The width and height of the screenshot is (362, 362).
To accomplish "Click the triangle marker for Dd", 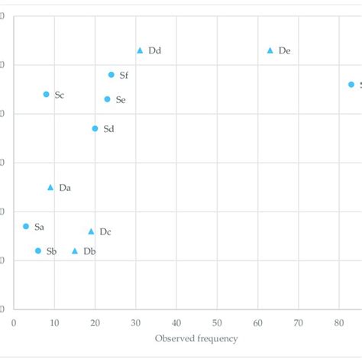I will click(x=140, y=50).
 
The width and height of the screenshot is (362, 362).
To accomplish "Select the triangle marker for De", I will click(x=270, y=50).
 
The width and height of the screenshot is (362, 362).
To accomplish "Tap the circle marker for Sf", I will click(x=112, y=75).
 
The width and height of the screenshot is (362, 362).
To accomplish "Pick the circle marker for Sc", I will click(x=47, y=95).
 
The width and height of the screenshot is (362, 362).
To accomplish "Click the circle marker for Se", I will click(x=107, y=99).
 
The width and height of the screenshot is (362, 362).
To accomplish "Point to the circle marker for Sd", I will click(x=95, y=129).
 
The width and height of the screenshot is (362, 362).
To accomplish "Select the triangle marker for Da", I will click(x=50, y=187).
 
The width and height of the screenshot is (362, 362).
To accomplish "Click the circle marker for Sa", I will click(x=26, y=227).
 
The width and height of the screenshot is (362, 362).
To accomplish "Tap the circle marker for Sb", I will click(x=38, y=250).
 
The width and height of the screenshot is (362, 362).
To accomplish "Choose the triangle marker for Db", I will click(x=75, y=250).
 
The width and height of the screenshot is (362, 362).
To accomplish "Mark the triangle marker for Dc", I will click(x=91, y=231).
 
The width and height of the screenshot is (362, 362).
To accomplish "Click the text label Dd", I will click(x=155, y=51).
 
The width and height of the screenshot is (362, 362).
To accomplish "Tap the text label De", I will click(x=285, y=51).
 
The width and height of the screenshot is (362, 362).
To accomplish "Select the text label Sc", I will click(x=60, y=95).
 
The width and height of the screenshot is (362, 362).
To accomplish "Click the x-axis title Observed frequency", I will click(x=196, y=338).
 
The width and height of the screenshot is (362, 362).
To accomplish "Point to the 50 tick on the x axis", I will click(x=217, y=322).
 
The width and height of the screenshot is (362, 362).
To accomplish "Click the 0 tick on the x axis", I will click(x=14, y=322).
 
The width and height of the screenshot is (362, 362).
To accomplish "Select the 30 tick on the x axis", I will click(x=135, y=322).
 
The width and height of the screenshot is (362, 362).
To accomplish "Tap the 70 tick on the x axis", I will click(x=298, y=322).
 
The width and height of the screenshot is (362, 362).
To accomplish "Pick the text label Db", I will click(x=89, y=251).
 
